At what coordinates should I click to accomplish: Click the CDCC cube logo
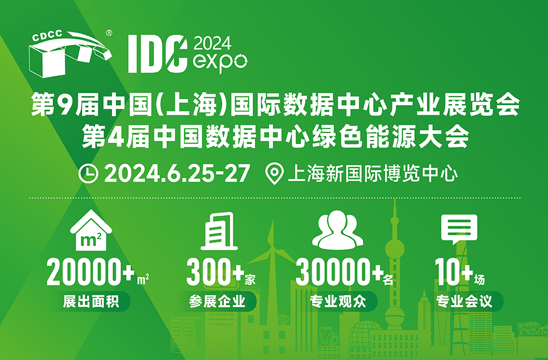pyautogui.click(x=71, y=54)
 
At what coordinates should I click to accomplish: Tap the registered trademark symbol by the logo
pyautogui.click(x=109, y=33)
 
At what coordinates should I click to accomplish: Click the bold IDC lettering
pyautogui.click(x=157, y=54)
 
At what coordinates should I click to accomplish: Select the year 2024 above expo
pyautogui.click(x=213, y=43)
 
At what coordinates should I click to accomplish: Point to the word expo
pyautogui.click(x=220, y=62)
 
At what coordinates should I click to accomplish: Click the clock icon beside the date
pyautogui.click(x=88, y=173)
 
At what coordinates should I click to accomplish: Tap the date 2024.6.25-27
pyautogui.click(x=177, y=173)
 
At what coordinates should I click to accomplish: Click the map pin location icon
pyautogui.click(x=275, y=174)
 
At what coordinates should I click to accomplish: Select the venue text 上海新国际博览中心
pyautogui.click(x=373, y=174)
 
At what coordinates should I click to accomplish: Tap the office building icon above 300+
pyautogui.click(x=219, y=231)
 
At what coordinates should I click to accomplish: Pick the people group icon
pyautogui.click(x=338, y=230)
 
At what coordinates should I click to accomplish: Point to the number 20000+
pyautogui.click(x=90, y=272)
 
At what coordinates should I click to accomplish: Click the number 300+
pyautogui.click(x=215, y=272)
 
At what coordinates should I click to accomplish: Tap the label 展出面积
pyautogui.click(x=91, y=301)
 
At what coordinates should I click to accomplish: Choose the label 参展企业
pyautogui.click(x=218, y=301)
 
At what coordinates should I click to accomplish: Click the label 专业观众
pyautogui.click(x=338, y=301)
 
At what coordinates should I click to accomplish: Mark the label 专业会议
pyautogui.click(x=464, y=301)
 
